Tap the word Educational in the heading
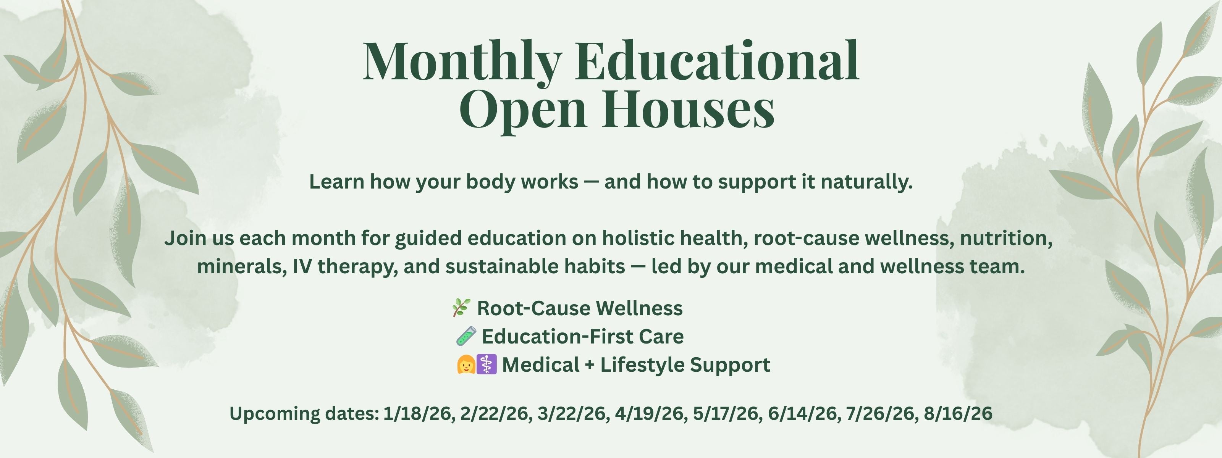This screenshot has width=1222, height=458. [717, 61]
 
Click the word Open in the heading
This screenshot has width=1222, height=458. [523, 112]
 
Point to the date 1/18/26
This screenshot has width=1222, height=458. [417, 413]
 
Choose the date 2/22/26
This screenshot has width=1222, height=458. [494, 413]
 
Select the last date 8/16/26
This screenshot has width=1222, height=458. [958, 413]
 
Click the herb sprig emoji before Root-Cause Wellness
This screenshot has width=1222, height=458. [461, 308]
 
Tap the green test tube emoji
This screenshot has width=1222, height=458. [466, 336]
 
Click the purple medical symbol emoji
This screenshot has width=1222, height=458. [486, 364]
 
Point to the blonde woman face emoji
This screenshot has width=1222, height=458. [466, 364]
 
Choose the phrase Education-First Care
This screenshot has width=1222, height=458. [582, 337]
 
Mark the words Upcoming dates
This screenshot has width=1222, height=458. [304, 414]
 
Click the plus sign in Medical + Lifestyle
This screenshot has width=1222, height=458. [590, 366]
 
